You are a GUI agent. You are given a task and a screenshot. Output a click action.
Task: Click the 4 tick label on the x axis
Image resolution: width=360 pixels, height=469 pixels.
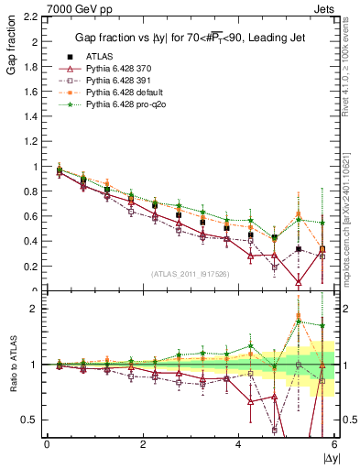pyautogui.click(x=239, y=444)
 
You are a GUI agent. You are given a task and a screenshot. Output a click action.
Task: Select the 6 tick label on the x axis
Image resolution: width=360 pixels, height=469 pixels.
pyautogui.click(x=334, y=444)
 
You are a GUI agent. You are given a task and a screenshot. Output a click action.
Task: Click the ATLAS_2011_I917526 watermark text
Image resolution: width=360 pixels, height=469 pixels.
pyautogui.click(x=190, y=275)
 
